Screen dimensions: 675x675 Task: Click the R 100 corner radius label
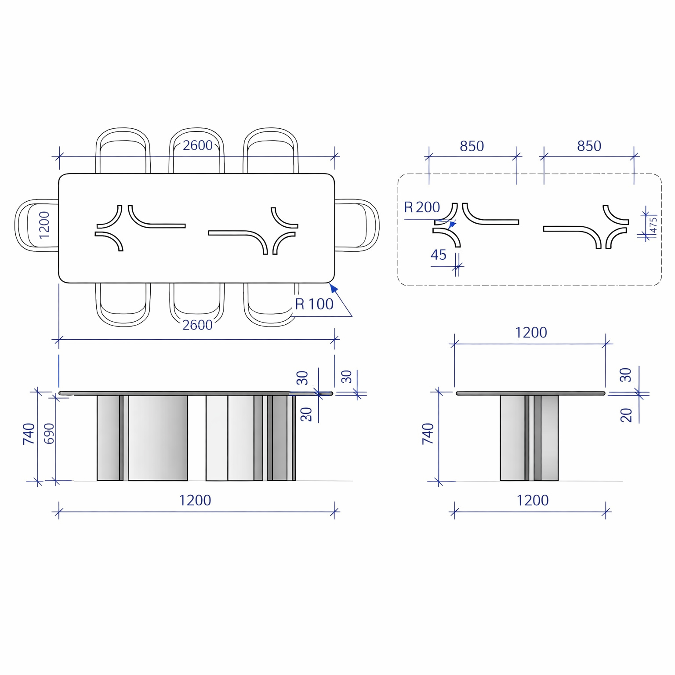(x=314, y=304)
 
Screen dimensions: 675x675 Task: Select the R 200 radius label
(x=422, y=207)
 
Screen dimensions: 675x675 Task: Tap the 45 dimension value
(x=439, y=255)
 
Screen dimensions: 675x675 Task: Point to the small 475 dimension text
(x=653, y=225)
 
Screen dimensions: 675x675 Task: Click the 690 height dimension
(x=49, y=434)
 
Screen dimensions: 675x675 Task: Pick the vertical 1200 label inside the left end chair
(x=44, y=225)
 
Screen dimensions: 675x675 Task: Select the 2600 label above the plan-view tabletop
(x=198, y=145)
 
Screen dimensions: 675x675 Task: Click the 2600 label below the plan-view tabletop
(x=197, y=325)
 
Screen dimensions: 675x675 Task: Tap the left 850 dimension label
(x=472, y=146)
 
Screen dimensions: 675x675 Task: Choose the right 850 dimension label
(x=589, y=146)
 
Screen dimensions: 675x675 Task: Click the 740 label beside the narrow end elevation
(x=428, y=434)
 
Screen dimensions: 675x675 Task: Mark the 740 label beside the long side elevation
(x=29, y=434)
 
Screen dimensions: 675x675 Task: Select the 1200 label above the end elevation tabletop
(x=531, y=333)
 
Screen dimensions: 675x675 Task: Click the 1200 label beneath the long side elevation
(x=195, y=501)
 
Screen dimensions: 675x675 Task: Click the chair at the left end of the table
(x=37, y=225)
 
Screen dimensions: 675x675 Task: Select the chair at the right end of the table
(x=357, y=225)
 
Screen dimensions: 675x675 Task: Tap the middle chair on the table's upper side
(x=196, y=151)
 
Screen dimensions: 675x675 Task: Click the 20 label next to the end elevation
(x=626, y=415)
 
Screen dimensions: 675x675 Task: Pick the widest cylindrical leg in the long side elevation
(x=158, y=438)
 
